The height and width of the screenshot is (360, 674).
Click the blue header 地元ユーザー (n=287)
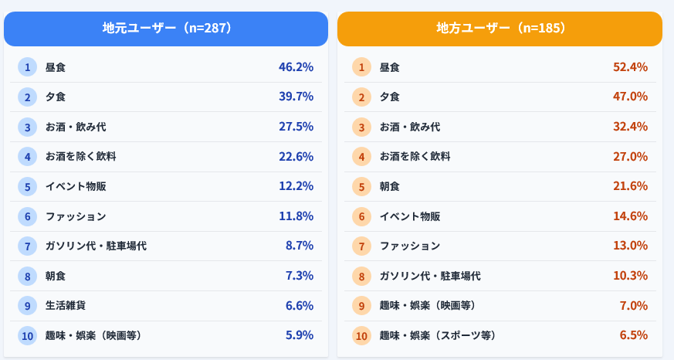[167, 29]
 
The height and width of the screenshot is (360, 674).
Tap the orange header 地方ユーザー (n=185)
[500, 29]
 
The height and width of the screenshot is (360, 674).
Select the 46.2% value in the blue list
[296, 67]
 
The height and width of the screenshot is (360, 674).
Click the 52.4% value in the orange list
[630, 67]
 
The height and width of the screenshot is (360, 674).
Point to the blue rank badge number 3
[27, 127]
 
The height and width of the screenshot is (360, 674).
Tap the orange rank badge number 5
[361, 186]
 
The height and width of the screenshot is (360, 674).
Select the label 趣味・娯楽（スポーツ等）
[438, 335]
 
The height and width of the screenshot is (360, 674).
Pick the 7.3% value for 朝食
[300, 276]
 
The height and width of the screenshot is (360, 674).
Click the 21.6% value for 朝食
[630, 186]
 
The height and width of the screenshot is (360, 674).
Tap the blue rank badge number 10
[27, 335]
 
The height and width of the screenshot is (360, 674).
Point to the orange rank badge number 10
[361, 335]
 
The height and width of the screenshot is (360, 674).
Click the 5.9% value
[300, 335]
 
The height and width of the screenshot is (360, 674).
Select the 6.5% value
[634, 335]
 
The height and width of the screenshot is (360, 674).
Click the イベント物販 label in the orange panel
[410, 216]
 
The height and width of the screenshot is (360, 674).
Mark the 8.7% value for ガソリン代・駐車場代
[300, 246]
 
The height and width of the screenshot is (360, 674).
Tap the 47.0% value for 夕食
[630, 97]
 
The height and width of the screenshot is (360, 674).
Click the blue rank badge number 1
[27, 67]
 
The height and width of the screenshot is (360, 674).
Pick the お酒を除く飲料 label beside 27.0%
[415, 156]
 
